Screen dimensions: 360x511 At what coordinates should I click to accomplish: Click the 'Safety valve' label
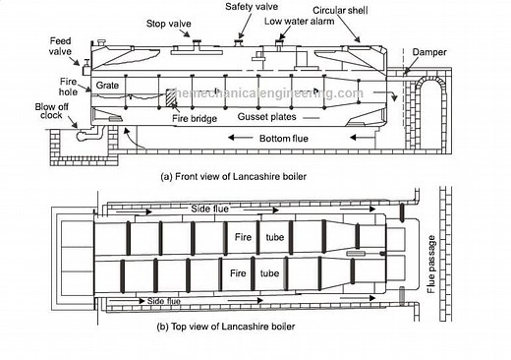251,7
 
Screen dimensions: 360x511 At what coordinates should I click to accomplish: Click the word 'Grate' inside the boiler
108,86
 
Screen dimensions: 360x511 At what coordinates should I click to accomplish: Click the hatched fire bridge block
171,97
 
